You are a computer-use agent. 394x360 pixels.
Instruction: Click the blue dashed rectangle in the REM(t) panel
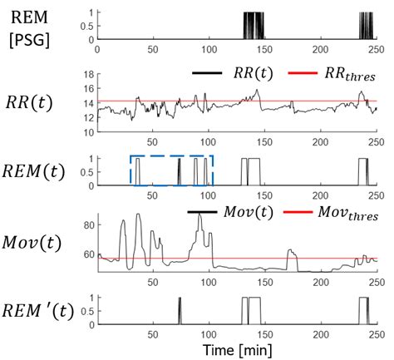pos(171,155)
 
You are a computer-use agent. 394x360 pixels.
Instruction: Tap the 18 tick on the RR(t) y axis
pos(91,76)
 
